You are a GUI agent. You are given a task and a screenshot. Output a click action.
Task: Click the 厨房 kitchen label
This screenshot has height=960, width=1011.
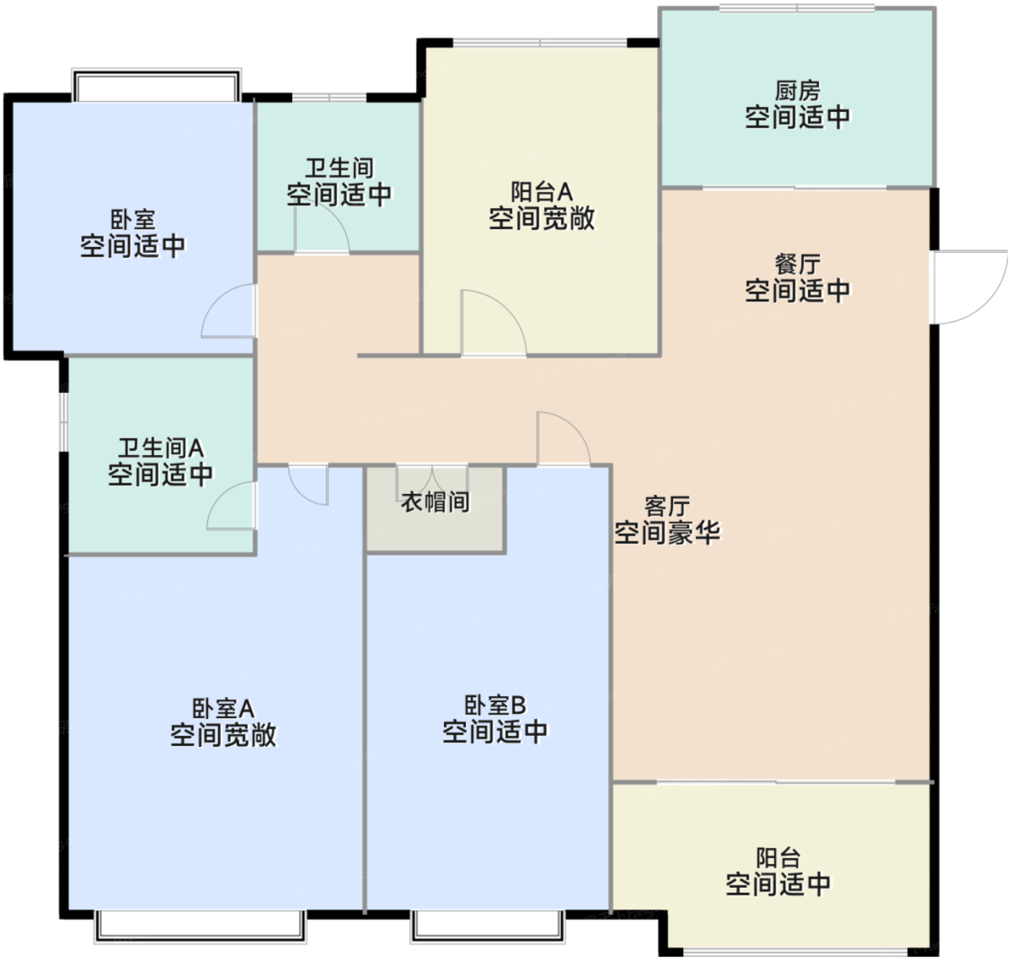click(797, 91)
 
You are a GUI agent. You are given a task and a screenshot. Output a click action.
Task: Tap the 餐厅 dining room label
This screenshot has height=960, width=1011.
click(797, 264)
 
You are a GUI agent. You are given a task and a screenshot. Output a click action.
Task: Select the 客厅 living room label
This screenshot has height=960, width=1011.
click(667, 506)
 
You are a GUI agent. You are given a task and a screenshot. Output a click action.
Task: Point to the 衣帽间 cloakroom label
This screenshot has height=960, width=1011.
click(435, 501)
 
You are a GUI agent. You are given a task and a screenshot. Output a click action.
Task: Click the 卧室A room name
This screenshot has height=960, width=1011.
click(223, 709)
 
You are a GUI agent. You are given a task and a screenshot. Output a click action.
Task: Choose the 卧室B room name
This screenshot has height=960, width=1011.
click(495, 705)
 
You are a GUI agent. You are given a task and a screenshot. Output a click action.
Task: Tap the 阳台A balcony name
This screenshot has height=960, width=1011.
click(542, 192)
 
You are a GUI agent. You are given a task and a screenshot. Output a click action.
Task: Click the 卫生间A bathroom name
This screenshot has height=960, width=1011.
click(161, 448)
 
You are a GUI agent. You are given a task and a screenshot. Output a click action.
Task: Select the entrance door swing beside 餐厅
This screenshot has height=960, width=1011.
click(968, 287)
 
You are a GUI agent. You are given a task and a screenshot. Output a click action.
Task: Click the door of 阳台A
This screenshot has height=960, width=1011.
click(493, 323)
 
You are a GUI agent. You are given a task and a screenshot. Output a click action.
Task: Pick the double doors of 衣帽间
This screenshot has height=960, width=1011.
click(432, 483)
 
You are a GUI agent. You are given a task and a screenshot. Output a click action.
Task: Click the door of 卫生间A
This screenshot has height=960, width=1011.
click(231, 505)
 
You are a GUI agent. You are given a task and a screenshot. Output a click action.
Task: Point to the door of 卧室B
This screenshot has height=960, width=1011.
click(563, 439)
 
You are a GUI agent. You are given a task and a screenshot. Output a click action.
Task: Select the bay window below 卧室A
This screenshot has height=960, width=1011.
click(200, 926)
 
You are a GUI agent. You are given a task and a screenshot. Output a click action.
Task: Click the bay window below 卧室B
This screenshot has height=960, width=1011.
click(487, 926)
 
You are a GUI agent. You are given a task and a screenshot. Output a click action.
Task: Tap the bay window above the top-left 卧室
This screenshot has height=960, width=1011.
click(156, 85)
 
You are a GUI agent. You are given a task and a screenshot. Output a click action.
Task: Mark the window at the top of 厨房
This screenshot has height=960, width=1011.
click(797, 8)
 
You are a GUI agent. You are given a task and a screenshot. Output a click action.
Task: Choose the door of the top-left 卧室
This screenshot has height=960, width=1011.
click(228, 311)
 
